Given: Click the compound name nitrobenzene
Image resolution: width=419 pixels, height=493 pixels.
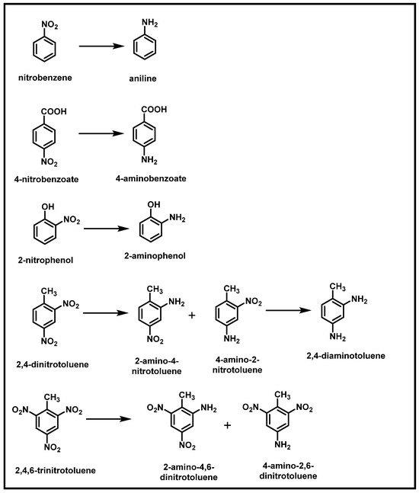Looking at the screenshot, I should pyautogui.click(x=46, y=78).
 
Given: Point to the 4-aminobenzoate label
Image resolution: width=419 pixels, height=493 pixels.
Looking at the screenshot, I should pyautogui.click(x=156, y=178).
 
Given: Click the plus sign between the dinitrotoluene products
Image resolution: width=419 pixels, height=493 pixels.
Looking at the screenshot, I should pyautogui.click(x=227, y=424).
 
